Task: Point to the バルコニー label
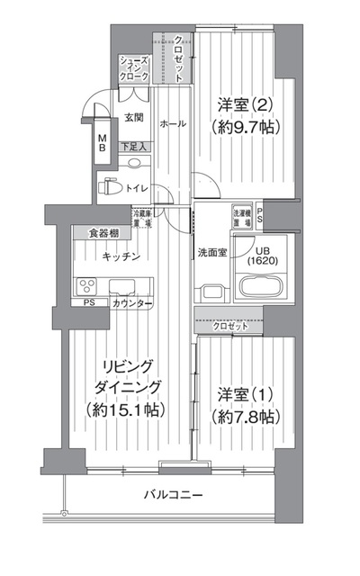coord(173,495)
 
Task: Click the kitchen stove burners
coord(90,287)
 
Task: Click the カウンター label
coord(131,304)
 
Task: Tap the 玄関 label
coord(133,118)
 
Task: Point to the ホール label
coord(173,123)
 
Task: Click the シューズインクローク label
coord(135,69)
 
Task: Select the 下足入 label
coord(133,145)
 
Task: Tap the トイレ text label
coord(137,188)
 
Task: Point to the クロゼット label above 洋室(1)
coord(230,326)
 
